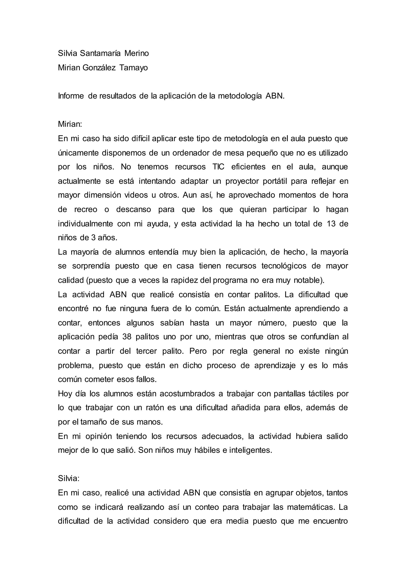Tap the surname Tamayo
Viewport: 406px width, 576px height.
pos(133,68)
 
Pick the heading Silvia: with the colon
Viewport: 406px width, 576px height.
pos(69,478)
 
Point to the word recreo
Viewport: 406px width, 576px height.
pos(86,209)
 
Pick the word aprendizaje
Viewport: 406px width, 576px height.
pos(275,365)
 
